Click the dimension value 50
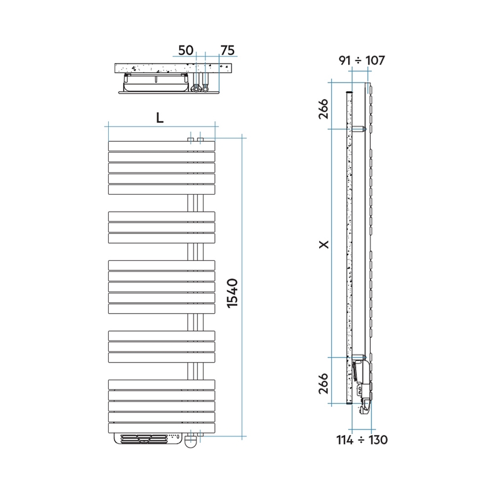pos(185,50)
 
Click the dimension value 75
pos(227,50)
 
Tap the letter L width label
pos(160,118)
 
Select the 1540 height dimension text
pos(232,293)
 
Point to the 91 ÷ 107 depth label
pos(361,60)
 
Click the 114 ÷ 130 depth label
pos(362,440)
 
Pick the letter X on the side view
pos(324,245)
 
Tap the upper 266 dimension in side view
pos(323,109)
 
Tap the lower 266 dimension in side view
pos(323,384)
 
